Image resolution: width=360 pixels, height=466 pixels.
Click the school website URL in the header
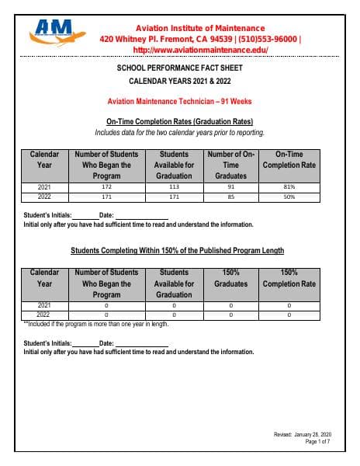tap(200, 50)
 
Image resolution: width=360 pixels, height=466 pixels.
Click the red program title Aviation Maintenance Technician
tap(179, 102)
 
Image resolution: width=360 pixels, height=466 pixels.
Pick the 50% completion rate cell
tap(289, 197)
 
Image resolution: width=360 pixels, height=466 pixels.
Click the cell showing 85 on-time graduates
tap(230, 197)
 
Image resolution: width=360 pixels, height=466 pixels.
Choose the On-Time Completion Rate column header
tap(289, 160)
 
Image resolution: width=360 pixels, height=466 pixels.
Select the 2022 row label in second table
tap(45, 315)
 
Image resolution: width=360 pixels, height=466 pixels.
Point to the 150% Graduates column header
tap(230, 278)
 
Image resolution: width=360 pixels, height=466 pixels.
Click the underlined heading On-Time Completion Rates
tap(179, 122)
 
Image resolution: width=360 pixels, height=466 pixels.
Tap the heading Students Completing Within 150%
tap(177, 251)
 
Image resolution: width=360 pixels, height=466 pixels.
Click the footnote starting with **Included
tap(96, 324)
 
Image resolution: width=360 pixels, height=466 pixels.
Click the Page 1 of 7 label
tap(318, 441)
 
